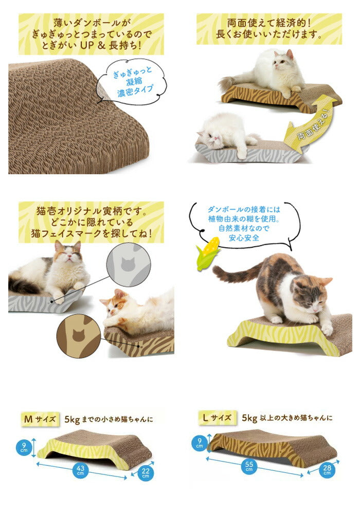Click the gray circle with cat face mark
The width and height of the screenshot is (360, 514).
point(127,265)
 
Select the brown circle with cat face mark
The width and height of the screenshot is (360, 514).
point(78,335)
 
